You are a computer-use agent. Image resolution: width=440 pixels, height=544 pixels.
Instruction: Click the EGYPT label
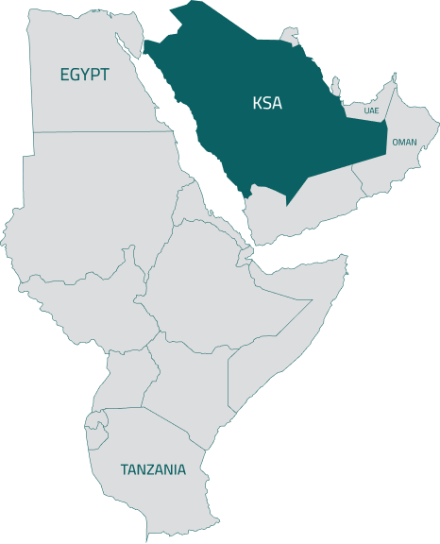[84, 75]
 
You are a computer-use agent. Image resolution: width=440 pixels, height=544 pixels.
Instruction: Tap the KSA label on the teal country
[267, 103]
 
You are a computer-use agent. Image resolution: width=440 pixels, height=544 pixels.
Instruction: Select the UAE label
[370, 110]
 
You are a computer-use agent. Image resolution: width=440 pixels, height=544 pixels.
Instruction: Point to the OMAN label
[404, 142]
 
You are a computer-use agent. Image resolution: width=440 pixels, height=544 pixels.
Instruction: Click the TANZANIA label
[153, 469]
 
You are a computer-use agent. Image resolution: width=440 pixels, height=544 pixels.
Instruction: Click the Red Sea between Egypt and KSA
[203, 142]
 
